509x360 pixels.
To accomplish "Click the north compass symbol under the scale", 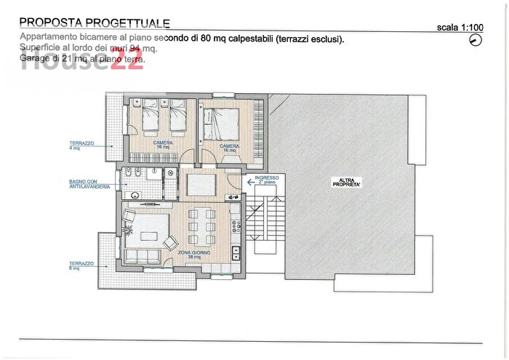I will point(476,40).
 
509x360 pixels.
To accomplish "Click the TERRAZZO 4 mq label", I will point(81,145).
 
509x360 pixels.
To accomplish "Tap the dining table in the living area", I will point(201,226).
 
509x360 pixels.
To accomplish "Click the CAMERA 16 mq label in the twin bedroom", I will point(162,145).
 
